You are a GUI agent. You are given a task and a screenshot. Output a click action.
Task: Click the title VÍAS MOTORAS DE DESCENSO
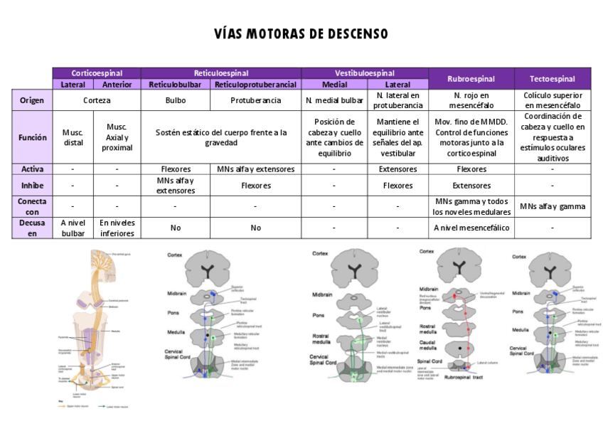click(x=301, y=34)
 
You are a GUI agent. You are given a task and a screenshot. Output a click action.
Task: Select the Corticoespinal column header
click(x=96, y=73)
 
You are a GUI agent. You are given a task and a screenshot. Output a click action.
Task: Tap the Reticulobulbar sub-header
click(x=175, y=84)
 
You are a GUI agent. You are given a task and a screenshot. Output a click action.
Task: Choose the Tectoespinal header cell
click(x=553, y=78)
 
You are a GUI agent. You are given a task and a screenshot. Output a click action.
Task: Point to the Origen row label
click(x=32, y=100)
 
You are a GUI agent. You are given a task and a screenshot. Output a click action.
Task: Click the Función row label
click(x=32, y=137)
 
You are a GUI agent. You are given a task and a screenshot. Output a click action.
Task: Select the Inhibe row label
click(x=32, y=186)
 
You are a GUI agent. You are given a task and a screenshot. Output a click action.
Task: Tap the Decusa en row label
click(x=32, y=228)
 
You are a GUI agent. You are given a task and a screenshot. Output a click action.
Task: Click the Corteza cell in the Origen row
click(x=96, y=100)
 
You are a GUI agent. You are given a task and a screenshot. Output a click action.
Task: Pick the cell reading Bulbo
click(x=175, y=100)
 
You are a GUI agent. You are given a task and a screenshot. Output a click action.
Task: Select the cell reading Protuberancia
click(x=255, y=100)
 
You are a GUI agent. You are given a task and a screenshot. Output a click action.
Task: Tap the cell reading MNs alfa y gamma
click(x=553, y=206)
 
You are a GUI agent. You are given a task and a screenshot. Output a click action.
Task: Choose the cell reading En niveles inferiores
click(x=117, y=228)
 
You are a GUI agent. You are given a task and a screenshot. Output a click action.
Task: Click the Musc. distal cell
click(x=73, y=137)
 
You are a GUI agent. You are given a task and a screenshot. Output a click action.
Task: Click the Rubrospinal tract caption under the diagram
click(x=463, y=378)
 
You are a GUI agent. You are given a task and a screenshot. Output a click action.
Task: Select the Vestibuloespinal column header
click(x=365, y=73)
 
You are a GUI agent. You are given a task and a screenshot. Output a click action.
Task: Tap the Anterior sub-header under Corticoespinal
click(x=117, y=84)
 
